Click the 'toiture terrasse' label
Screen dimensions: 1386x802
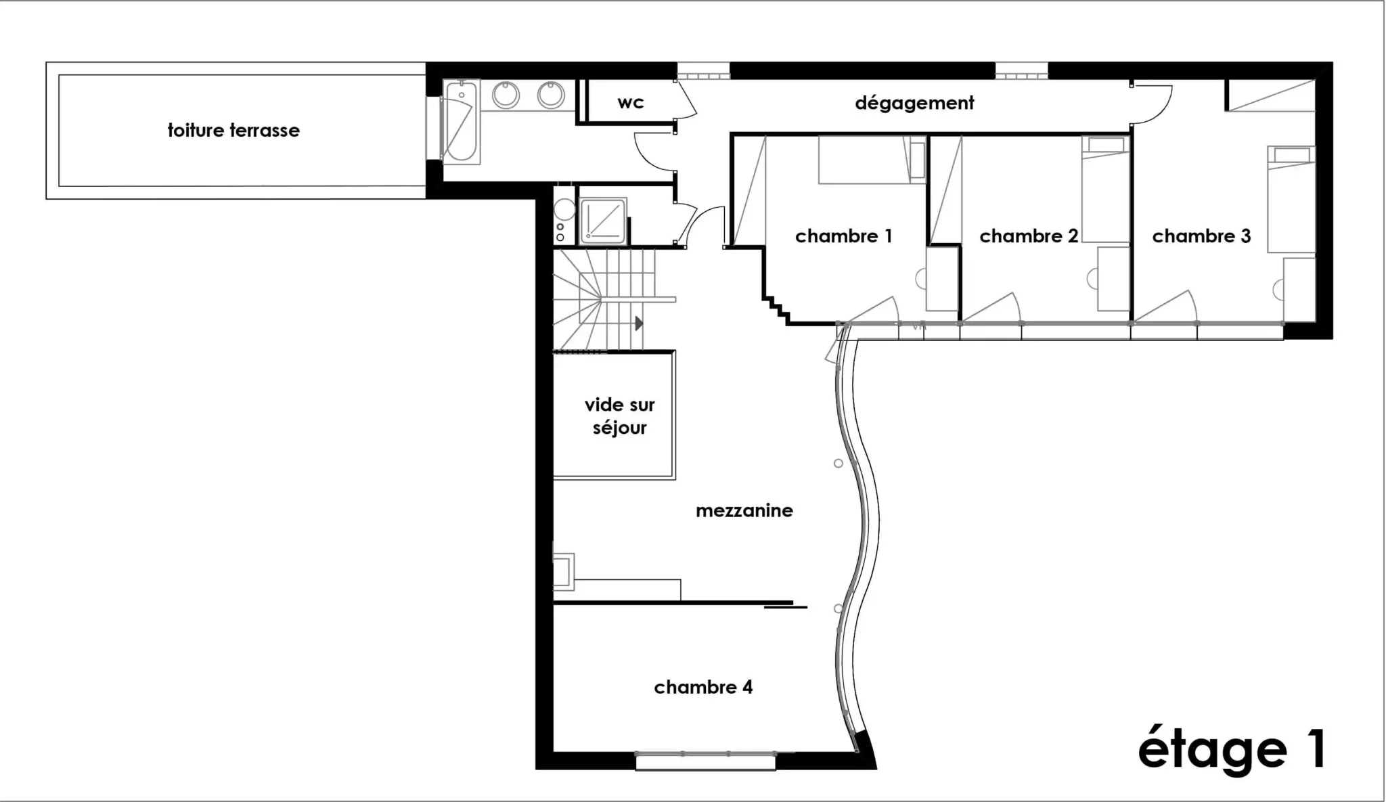click(x=233, y=130)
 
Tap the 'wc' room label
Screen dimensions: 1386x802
click(x=630, y=103)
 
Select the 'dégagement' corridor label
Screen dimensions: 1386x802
click(x=914, y=103)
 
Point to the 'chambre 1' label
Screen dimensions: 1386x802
click(x=843, y=236)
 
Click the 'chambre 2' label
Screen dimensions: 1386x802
click(x=1029, y=236)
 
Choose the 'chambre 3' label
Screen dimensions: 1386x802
click(x=1201, y=236)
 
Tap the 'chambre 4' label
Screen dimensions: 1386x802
click(x=703, y=687)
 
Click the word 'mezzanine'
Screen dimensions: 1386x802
click(x=744, y=510)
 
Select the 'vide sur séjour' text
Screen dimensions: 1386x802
click(x=620, y=416)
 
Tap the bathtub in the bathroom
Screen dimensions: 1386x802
click(x=461, y=122)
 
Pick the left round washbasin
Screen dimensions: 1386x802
click(x=506, y=95)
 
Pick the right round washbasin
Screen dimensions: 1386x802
click(x=552, y=95)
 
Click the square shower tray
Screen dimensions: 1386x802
click(x=603, y=220)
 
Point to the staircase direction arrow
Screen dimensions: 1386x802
click(x=639, y=324)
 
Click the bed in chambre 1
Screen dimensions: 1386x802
click(x=872, y=160)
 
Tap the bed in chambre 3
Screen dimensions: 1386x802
click(x=1291, y=200)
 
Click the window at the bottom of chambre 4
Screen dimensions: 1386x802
click(x=705, y=761)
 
